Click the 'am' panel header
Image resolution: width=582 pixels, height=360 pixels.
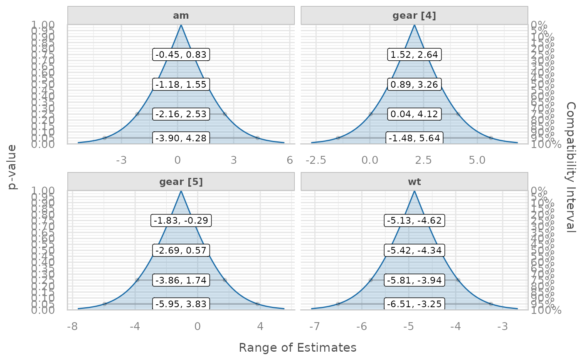click(181, 16)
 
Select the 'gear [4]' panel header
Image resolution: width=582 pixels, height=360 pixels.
click(414, 16)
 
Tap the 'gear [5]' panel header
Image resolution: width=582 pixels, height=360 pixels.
click(181, 182)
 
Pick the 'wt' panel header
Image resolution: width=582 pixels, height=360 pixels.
click(414, 182)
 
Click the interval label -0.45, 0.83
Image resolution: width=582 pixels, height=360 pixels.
click(181, 54)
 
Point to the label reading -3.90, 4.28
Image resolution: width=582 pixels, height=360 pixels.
click(181, 138)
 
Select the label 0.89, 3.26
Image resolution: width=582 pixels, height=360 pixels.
click(414, 84)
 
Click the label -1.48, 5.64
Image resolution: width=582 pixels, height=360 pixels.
click(414, 138)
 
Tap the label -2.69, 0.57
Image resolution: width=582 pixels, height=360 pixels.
click(181, 250)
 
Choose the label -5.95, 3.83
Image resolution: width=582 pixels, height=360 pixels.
click(181, 304)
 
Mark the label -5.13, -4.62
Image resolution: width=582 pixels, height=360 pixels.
click(414, 221)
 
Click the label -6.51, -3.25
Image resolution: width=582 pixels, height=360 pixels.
click(414, 304)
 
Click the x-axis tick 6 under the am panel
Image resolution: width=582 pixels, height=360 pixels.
click(290, 160)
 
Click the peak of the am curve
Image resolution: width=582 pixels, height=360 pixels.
click(181, 25)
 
